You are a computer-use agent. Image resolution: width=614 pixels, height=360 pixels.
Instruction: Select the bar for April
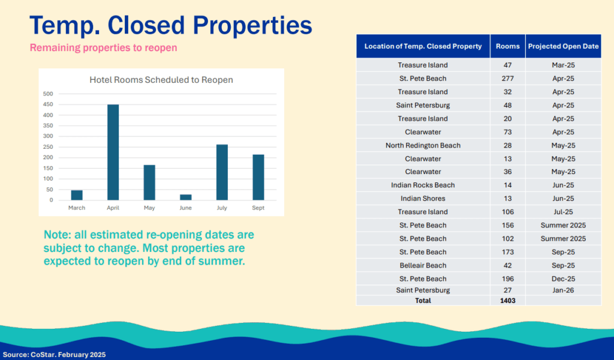pos(113,152)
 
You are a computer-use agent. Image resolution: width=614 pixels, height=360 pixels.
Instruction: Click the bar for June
pos(186,197)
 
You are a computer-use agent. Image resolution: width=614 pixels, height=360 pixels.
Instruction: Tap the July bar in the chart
pos(222,172)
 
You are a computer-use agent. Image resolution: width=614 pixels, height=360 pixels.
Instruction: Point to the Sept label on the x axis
pos(258,208)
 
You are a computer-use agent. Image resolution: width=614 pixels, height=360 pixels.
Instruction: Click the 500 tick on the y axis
pos(48,94)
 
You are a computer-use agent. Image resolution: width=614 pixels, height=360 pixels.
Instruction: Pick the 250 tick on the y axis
pos(48,147)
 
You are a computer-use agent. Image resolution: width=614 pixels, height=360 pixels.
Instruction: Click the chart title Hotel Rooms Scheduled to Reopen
pos(161,80)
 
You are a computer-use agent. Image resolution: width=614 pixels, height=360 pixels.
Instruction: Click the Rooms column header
pos(507,46)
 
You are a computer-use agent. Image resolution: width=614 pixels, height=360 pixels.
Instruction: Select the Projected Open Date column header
pos(563,46)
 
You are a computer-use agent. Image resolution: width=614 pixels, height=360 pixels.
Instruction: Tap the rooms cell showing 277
pos(507,79)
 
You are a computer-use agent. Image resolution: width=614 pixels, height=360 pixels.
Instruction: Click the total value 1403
pos(507,300)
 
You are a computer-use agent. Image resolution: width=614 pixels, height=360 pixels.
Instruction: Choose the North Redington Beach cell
pos(423,145)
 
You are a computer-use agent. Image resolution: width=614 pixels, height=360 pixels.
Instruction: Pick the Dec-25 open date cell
pos(563,278)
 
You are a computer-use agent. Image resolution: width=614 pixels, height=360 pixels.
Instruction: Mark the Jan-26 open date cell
pos(563,290)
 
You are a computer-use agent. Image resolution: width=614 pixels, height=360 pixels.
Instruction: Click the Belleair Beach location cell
pos(423,265)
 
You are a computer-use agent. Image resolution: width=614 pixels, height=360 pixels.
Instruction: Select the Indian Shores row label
pos(423,199)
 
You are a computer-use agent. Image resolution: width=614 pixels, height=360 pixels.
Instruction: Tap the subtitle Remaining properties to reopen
pos(104,48)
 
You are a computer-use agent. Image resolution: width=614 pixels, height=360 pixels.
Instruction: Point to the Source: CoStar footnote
pos(54,355)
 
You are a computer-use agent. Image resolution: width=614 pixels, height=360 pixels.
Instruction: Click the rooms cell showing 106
pos(507,212)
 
